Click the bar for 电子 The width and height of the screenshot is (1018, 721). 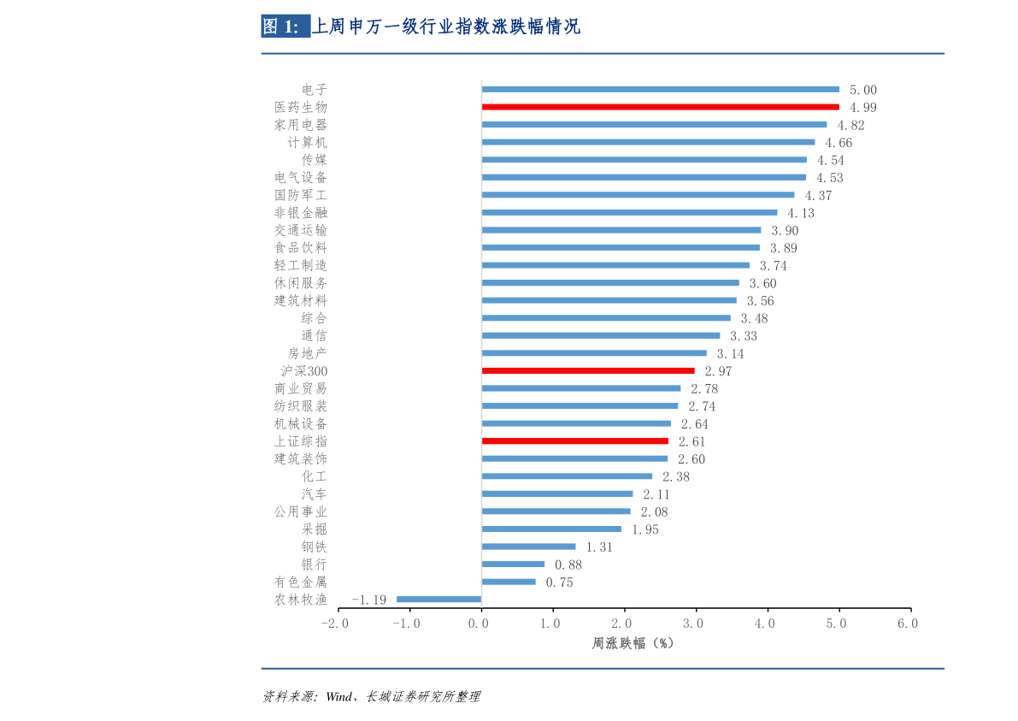pos(660,89)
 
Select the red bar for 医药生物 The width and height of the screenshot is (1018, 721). pos(660,107)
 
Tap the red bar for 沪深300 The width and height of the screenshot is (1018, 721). pos(588,370)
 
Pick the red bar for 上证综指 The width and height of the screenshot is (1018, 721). pos(575,441)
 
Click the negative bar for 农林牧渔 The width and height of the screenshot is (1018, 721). pos(439,599)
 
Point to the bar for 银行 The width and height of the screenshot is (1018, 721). pos(513,564)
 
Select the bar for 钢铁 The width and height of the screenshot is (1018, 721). pos(528,547)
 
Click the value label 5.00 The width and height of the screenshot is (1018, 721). pos(863,90)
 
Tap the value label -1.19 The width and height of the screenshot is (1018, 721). pos(369,600)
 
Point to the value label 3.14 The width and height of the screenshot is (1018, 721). pos(730,353)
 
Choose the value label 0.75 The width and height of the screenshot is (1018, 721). pos(559,582)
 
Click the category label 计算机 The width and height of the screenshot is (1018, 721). pos(308,142)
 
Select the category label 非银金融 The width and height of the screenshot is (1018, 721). pos(301,212)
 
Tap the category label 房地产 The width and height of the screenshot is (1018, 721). pos(308,353)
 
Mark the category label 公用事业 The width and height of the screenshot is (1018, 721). pos(301,511)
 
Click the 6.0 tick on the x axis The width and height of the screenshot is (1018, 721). pos(909,623)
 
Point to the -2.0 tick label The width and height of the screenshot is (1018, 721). pos(335,623)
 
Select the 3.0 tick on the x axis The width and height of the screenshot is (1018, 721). pos(694,623)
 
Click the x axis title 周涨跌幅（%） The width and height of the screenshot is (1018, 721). pos(633,643)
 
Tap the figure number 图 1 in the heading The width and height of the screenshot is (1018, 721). pos(281,27)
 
